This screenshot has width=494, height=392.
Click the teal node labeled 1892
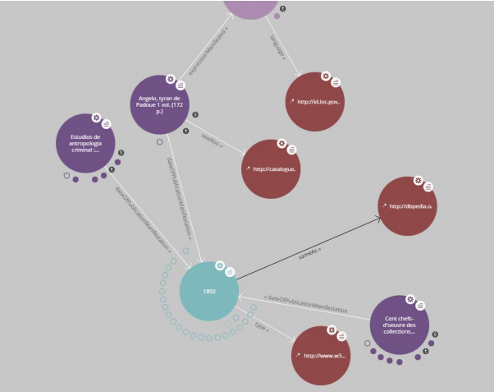(x=209, y=291)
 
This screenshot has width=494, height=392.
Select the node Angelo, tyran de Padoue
(x=159, y=105)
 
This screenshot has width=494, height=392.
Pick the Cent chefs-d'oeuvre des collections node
(x=399, y=324)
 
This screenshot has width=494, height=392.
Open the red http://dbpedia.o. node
(x=408, y=205)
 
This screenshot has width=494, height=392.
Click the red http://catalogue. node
(x=271, y=168)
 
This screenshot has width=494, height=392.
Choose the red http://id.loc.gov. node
(x=314, y=101)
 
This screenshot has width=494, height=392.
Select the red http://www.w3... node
(x=322, y=355)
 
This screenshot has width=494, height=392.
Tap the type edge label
(x=262, y=325)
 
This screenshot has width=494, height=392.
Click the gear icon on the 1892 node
(x=219, y=265)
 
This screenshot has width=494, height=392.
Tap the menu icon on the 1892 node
(x=231, y=271)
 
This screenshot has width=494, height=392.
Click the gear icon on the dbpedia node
(x=418, y=180)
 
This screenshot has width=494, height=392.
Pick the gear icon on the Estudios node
(x=95, y=118)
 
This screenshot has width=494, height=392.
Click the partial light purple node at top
(x=251, y=7)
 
